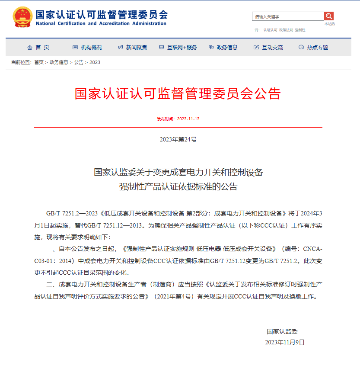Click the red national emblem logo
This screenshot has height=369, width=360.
pyautogui.click(x=21, y=17)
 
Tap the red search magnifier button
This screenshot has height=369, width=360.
pyautogui.click(x=329, y=16)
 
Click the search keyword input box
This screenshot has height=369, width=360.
pyautogui.click(x=288, y=16)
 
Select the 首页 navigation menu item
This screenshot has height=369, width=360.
pyautogui.click(x=38, y=47)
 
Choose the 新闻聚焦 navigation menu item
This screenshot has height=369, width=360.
pyautogui.click(x=133, y=47)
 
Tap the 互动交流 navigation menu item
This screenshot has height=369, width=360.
pyautogui.click(x=268, y=47)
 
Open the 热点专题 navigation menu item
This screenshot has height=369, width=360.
pyautogui.click(x=313, y=47)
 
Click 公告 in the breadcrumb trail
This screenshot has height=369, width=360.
pyautogui.click(x=79, y=62)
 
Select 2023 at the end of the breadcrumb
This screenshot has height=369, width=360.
pyautogui.click(x=95, y=62)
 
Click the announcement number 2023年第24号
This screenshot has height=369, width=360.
pyautogui.click(x=178, y=139)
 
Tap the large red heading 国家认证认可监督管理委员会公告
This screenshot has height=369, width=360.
pyautogui.click(x=178, y=93)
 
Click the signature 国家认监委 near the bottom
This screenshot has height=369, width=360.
pyautogui.click(x=282, y=331)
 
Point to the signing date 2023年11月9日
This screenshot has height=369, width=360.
pyautogui.click(x=285, y=342)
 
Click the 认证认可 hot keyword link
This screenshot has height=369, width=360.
pyautogui.click(x=270, y=30)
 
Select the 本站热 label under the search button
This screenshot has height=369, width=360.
pyautogui.click(x=329, y=24)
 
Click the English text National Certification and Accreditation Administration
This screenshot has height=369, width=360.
pyautogui.click(x=101, y=23)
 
